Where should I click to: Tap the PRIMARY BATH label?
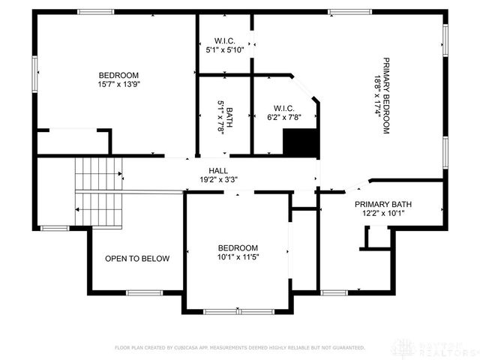383,204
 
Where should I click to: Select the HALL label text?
218,171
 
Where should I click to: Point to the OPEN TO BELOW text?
137,259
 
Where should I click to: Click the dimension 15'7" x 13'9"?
118,85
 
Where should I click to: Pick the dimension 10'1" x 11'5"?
238,257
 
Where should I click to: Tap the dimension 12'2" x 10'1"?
383,213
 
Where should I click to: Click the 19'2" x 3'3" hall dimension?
218,180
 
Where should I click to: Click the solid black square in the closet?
298,142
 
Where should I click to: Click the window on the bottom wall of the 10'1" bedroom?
238,311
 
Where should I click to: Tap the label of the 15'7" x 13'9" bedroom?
118,75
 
